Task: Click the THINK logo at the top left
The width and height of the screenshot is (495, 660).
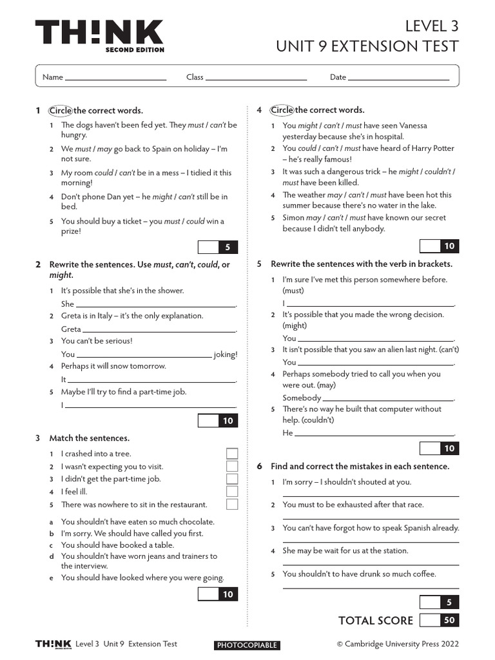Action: (x=99, y=36)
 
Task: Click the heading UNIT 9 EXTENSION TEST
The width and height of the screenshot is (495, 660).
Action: (x=367, y=46)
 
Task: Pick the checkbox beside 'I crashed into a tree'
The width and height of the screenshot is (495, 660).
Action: (x=232, y=454)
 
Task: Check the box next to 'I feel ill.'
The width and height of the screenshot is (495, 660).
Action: (x=232, y=492)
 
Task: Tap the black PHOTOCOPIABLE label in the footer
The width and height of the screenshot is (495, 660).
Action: (x=247, y=645)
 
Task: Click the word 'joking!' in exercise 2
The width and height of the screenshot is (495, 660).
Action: (x=226, y=354)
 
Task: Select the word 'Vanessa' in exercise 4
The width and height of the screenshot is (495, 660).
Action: (x=413, y=126)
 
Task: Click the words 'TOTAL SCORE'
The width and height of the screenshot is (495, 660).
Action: (x=376, y=620)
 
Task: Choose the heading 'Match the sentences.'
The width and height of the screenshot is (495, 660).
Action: (x=90, y=438)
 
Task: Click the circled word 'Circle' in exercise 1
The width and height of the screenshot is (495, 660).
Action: (x=61, y=110)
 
